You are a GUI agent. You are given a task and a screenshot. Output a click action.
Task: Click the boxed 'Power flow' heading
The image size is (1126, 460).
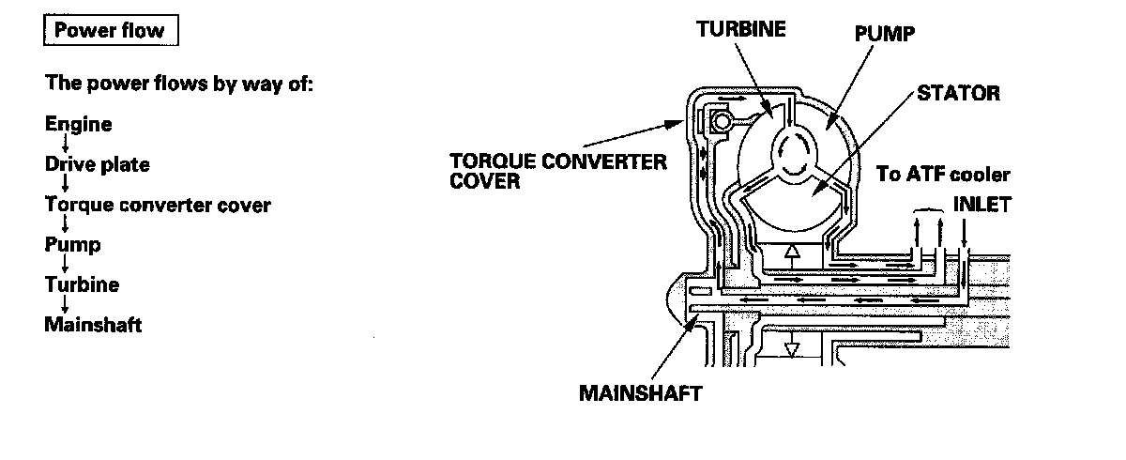point(111,31)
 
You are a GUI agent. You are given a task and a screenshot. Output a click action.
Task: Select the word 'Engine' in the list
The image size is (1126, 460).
point(78,124)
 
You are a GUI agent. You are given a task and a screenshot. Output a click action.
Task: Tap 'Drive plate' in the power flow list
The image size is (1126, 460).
point(98,164)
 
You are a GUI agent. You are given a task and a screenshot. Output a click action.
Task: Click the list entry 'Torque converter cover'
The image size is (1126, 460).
point(158,205)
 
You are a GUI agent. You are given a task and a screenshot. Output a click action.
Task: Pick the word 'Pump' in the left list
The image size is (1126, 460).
point(72,245)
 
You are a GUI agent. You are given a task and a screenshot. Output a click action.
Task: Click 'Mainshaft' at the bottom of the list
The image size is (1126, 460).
point(93,325)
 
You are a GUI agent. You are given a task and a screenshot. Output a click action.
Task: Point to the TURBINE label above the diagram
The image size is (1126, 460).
point(740,28)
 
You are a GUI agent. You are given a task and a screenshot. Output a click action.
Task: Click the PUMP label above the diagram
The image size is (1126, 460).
point(884,34)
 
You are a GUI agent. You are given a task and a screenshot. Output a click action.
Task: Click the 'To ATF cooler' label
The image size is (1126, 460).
point(943,175)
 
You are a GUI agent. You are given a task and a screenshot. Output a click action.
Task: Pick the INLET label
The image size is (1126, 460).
point(981,203)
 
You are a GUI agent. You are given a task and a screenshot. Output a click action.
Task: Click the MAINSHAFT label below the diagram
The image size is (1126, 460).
point(640,392)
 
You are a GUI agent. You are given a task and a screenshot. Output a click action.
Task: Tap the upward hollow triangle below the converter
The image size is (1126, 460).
point(793,253)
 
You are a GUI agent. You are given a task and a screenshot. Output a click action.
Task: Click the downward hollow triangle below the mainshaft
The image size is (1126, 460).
point(793,348)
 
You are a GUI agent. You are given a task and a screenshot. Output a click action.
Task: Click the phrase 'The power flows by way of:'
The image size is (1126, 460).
point(178,84)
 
